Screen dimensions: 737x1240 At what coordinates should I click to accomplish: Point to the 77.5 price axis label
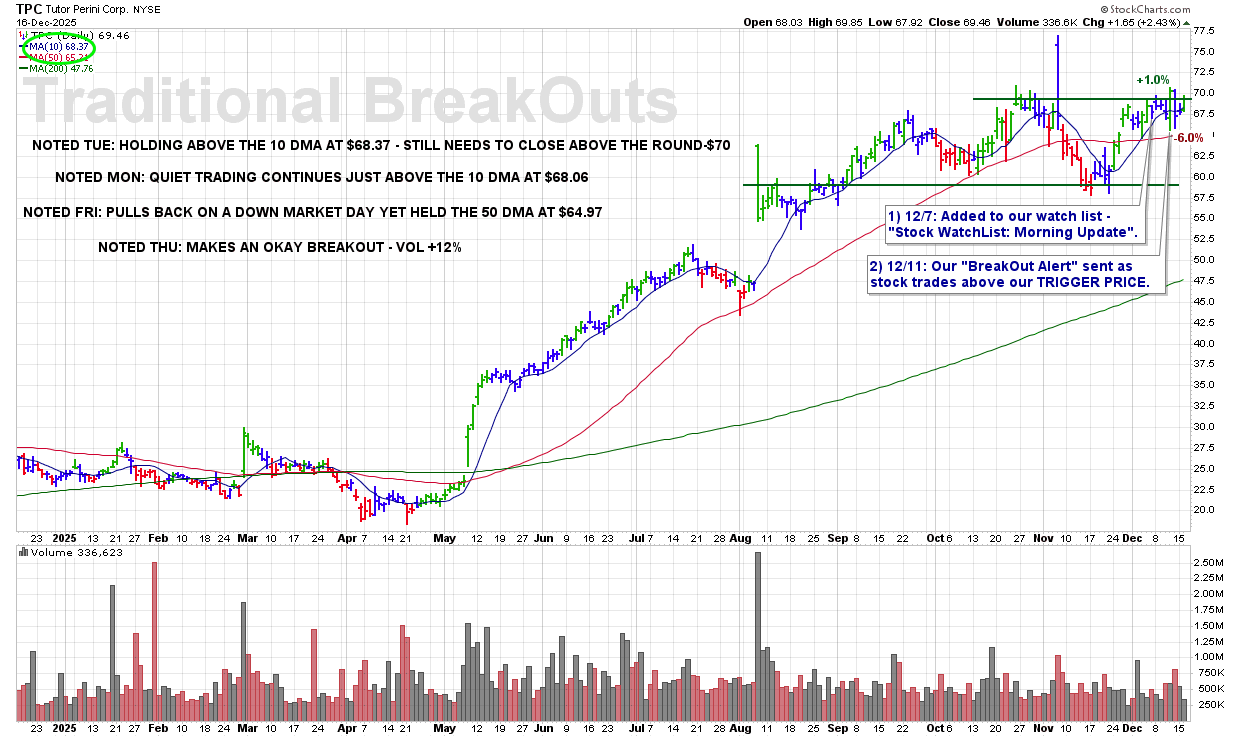pos(1203,31)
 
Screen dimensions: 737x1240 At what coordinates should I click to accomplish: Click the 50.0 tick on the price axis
pos(1203,260)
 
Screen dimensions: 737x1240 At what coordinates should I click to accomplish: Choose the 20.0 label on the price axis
pos(1203,510)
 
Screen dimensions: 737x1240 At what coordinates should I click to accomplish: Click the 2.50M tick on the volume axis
pos(1209,563)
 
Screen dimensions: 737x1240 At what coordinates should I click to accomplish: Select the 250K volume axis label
pos(1209,704)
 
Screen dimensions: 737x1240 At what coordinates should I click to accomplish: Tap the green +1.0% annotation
pos(1152,79)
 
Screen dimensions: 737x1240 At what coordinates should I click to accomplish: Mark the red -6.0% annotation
pos(1189,138)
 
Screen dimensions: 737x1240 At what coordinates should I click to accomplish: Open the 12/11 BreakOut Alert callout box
pos(1010,276)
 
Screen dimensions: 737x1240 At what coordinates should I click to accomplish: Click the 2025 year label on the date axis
pos(63,537)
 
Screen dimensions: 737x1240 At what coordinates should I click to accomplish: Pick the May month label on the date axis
pos(444,537)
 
